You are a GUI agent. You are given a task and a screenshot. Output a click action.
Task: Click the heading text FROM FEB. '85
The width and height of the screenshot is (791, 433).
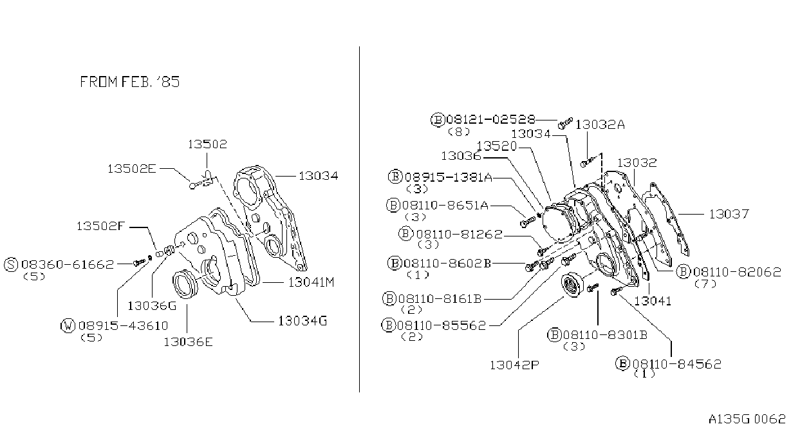click(x=129, y=82)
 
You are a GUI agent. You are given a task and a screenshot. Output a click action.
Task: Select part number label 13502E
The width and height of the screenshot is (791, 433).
click(x=131, y=169)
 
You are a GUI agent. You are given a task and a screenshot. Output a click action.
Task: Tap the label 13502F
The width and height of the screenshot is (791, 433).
click(x=101, y=226)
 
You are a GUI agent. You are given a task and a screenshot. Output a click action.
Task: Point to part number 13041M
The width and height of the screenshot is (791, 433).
click(x=311, y=282)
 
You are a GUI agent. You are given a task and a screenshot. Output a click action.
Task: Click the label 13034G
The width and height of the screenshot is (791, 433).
click(x=302, y=321)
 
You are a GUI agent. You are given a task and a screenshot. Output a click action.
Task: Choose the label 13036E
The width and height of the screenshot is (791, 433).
click(x=188, y=342)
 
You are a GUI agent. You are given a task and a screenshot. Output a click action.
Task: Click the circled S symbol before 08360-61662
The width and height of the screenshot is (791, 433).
click(x=11, y=264)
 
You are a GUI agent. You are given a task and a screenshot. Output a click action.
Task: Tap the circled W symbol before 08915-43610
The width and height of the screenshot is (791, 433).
click(x=68, y=325)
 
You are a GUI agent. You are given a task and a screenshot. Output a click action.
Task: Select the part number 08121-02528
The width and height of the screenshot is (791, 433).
click(x=491, y=119)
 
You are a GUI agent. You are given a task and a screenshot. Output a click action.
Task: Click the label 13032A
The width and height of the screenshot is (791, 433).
click(x=600, y=124)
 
